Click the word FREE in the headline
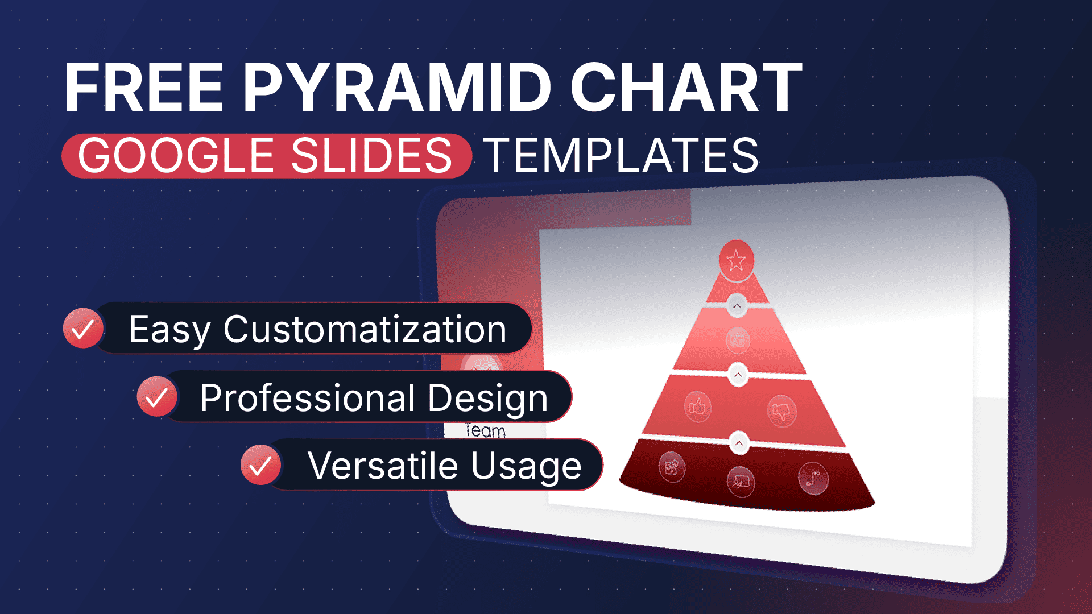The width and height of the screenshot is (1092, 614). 144,88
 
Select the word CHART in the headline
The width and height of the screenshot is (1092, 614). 686,88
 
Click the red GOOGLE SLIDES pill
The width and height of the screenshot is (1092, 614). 266,155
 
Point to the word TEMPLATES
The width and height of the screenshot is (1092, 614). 621,155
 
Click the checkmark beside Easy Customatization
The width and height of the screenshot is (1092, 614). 83,328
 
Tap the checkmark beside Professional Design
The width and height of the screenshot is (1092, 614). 157,396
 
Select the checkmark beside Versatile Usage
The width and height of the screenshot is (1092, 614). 260,464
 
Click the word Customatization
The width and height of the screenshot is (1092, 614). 365,329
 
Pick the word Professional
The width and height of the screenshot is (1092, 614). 308,397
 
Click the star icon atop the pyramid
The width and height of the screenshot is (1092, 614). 736,260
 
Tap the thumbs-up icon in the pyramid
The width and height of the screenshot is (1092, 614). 697,406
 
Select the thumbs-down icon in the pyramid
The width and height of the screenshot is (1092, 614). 781,410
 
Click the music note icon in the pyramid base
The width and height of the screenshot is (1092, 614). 813,478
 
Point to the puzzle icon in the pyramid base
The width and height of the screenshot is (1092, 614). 672,467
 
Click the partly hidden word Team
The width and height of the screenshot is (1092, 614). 485,430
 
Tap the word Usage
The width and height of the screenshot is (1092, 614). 526,467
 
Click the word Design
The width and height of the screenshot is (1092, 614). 488,399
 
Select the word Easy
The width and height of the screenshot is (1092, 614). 170,330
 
